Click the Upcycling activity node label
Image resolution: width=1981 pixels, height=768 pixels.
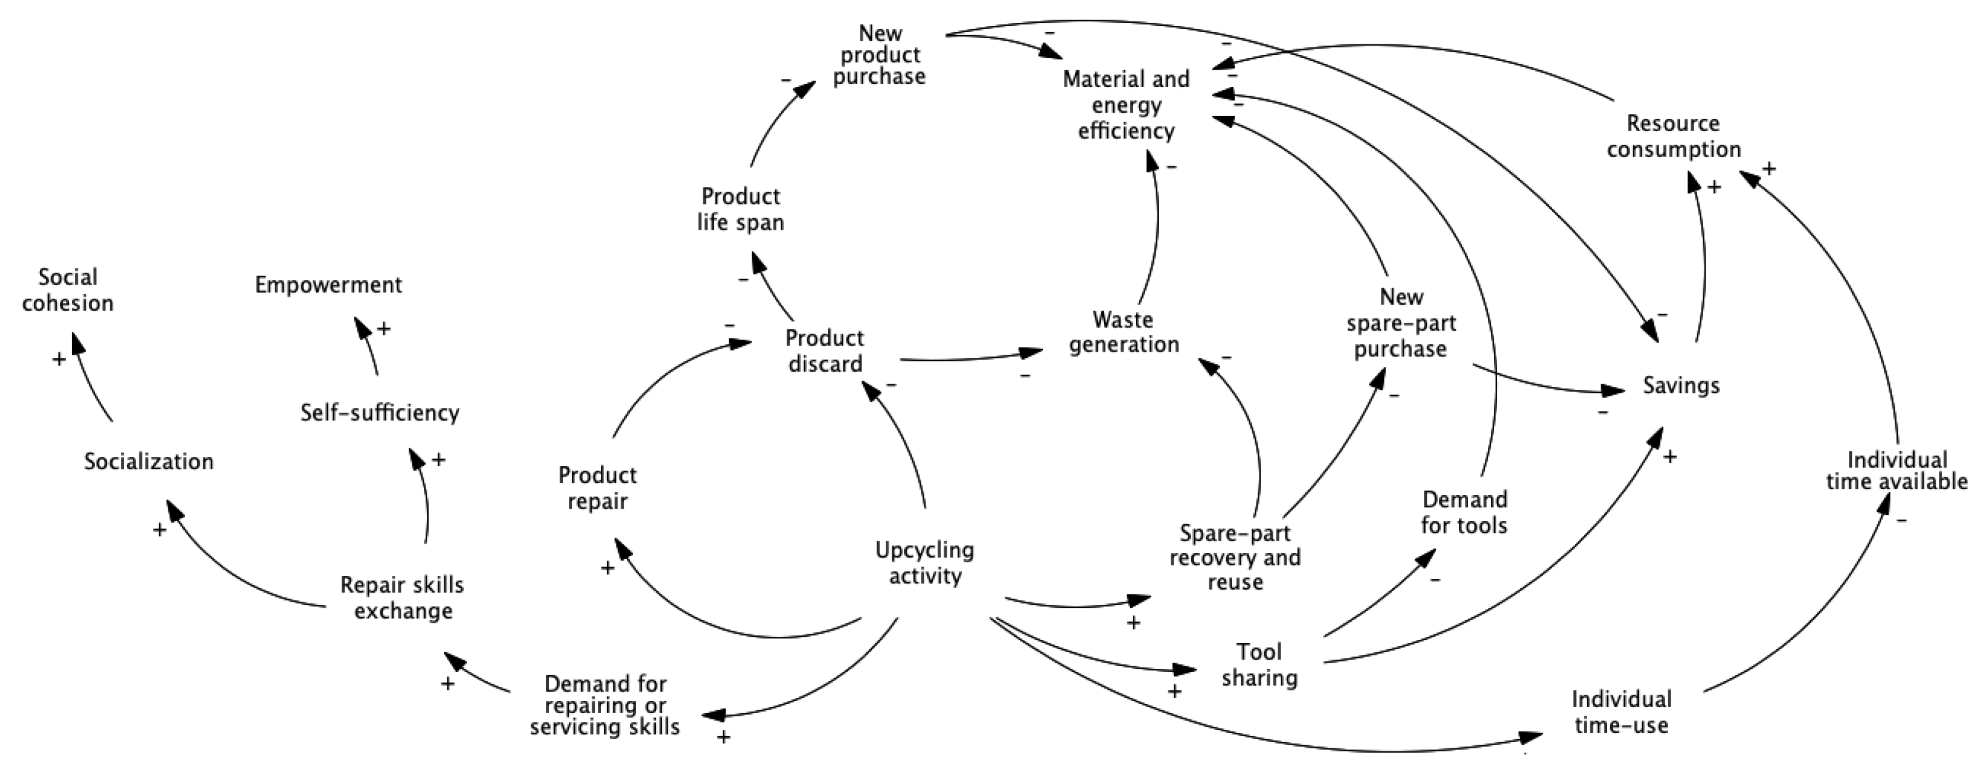pos(925,563)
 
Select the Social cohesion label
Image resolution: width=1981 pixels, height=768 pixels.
pos(68,290)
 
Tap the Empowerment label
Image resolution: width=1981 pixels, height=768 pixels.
pos(329,285)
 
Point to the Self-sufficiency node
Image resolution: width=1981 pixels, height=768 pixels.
pos(379,413)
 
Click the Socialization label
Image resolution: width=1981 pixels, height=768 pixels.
pos(149,461)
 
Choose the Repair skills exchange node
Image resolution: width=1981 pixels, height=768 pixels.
pos(402,598)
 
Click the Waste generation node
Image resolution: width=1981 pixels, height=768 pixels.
pos(1124,331)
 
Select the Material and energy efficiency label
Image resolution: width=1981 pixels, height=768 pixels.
pos(1126,105)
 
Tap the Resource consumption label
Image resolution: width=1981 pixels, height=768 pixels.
pos(1673,136)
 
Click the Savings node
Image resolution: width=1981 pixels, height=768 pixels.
pos(1681,385)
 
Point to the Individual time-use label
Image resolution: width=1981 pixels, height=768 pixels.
pos(1621,712)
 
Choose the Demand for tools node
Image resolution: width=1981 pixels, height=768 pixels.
pos(1464,512)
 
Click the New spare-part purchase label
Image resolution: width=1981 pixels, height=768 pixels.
pos(1400,323)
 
